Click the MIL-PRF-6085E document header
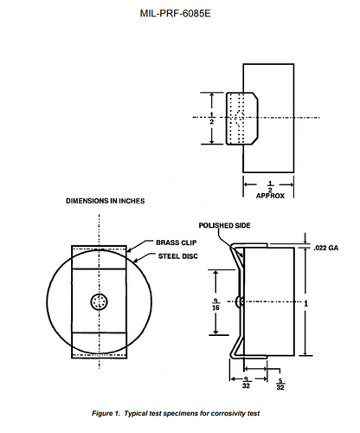click(x=179, y=16)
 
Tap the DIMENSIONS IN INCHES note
click(x=105, y=202)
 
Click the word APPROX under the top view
click(x=270, y=195)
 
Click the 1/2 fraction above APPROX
click(x=270, y=184)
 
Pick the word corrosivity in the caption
click(x=227, y=414)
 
